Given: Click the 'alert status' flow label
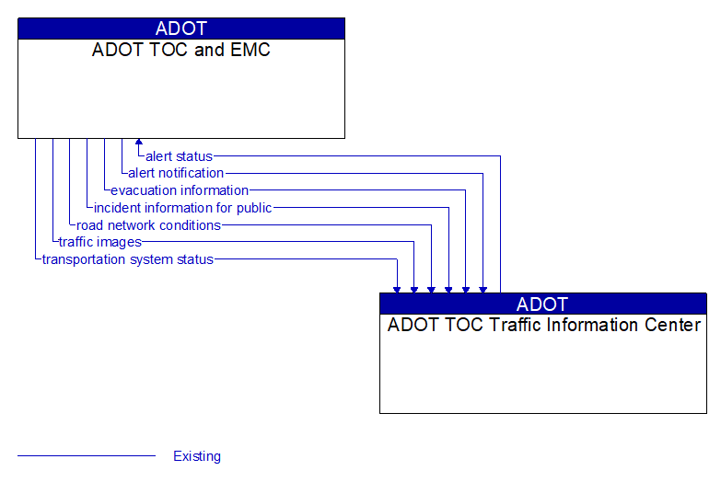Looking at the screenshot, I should (179, 156).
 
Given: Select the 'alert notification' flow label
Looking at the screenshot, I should (176, 173).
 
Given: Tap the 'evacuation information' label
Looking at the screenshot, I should (180, 190).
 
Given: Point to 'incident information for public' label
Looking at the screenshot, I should (182, 208).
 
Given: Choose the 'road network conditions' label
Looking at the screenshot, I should (148, 225).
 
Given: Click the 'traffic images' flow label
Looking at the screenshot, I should (99, 243).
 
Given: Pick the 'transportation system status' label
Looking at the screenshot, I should (127, 260).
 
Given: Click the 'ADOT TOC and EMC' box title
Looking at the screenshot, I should (181, 51).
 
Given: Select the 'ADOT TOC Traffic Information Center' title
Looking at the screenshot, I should (543, 325).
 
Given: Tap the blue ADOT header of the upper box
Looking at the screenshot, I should (181, 29).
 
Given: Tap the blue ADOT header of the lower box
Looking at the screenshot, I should (543, 304).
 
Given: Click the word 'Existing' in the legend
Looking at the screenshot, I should (197, 456).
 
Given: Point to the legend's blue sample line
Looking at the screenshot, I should (87, 456).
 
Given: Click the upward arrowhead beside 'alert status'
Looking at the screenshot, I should (139, 143).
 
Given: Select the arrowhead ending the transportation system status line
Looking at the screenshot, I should (397, 289).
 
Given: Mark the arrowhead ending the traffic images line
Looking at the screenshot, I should (414, 289).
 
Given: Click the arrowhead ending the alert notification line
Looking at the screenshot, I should (483, 289).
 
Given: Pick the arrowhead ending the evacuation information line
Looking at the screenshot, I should (466, 289).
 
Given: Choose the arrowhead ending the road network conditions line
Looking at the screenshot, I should (431, 289).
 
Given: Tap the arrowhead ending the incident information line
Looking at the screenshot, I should (448, 289).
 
